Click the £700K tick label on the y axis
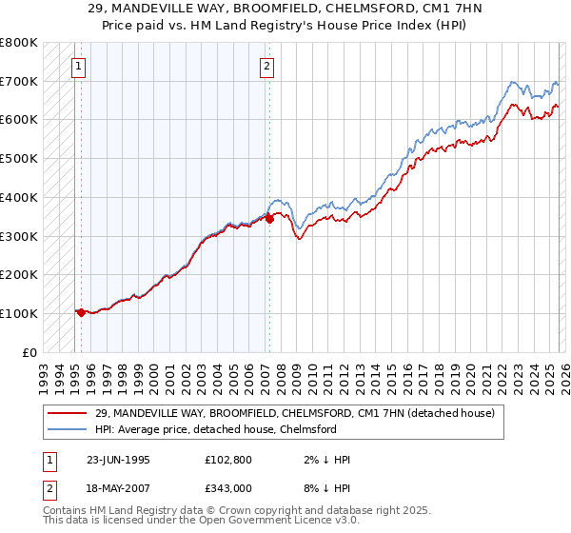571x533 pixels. pyautogui.click(x=19, y=81)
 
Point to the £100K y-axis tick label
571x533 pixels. pyautogui.click(x=19, y=313)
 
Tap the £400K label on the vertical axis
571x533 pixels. pyautogui.click(x=19, y=197)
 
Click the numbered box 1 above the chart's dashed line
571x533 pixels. pyautogui.click(x=77, y=66)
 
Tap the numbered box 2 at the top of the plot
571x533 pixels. pyautogui.click(x=266, y=66)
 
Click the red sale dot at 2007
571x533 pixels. pyautogui.click(x=269, y=218)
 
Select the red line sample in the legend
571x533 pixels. pyautogui.click(x=67, y=414)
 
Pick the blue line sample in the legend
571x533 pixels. pyautogui.click(x=67, y=430)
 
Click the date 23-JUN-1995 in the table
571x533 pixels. pyautogui.click(x=118, y=460)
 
